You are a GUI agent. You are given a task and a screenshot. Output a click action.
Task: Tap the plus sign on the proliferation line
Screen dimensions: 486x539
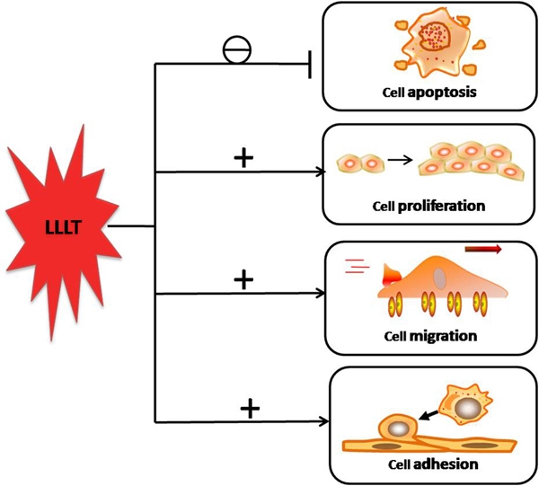[243, 158]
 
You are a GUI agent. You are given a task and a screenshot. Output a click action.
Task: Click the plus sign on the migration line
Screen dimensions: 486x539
[243, 280]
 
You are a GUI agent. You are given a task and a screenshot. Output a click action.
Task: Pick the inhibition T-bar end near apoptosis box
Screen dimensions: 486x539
[310, 64]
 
